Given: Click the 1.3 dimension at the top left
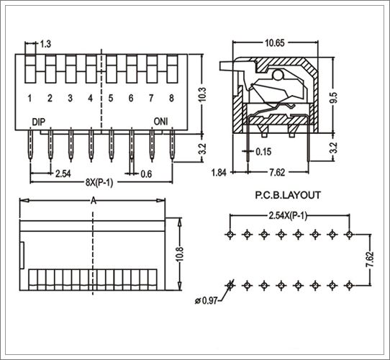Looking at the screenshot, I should (46, 45).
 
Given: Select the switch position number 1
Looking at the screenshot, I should (30, 99).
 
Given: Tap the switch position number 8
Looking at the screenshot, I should (171, 99).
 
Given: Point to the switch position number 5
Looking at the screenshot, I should (111, 99).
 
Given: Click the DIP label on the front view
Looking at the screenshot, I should (39, 122).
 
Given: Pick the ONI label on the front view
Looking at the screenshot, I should (161, 122).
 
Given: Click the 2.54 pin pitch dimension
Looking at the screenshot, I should (63, 174).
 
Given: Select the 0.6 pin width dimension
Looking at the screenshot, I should (146, 174).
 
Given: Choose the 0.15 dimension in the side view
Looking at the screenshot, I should (264, 152).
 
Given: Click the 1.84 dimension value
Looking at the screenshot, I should (220, 173).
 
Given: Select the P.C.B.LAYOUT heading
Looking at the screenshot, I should (288, 194).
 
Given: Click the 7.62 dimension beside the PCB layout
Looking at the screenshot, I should (369, 261).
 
